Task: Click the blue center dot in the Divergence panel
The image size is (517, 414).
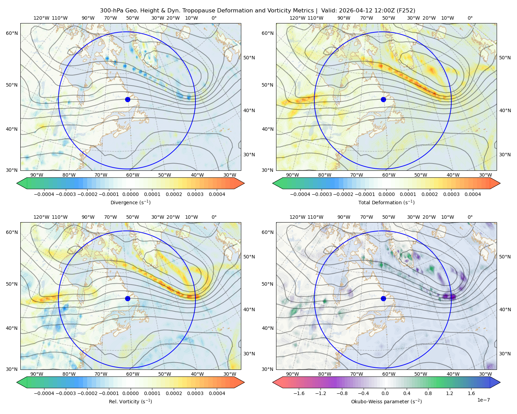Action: tap(128, 99)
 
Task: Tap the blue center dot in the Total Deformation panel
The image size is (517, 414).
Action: tap(383, 99)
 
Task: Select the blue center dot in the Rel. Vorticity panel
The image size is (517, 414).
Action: tap(128, 298)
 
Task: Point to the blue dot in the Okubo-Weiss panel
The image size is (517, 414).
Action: tap(383, 298)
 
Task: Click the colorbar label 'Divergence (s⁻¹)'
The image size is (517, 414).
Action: tap(130, 202)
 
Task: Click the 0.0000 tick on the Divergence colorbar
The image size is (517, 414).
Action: tap(130, 194)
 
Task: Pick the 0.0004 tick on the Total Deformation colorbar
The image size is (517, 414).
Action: tap(473, 194)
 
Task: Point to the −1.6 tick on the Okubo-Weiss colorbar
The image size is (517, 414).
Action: tap(299, 393)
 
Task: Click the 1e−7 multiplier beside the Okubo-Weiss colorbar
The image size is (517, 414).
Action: tap(483, 400)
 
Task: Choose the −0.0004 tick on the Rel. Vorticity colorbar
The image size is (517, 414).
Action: tap(44, 393)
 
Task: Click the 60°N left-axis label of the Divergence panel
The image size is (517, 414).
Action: tap(12, 33)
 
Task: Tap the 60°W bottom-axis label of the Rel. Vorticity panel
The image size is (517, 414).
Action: tap(133, 374)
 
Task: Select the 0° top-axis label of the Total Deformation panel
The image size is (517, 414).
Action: tap(470, 18)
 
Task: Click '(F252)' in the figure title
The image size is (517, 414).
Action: tap(406, 10)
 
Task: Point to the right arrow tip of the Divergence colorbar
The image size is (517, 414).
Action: tap(244, 183)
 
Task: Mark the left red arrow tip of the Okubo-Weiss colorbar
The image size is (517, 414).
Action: tap(273, 382)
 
